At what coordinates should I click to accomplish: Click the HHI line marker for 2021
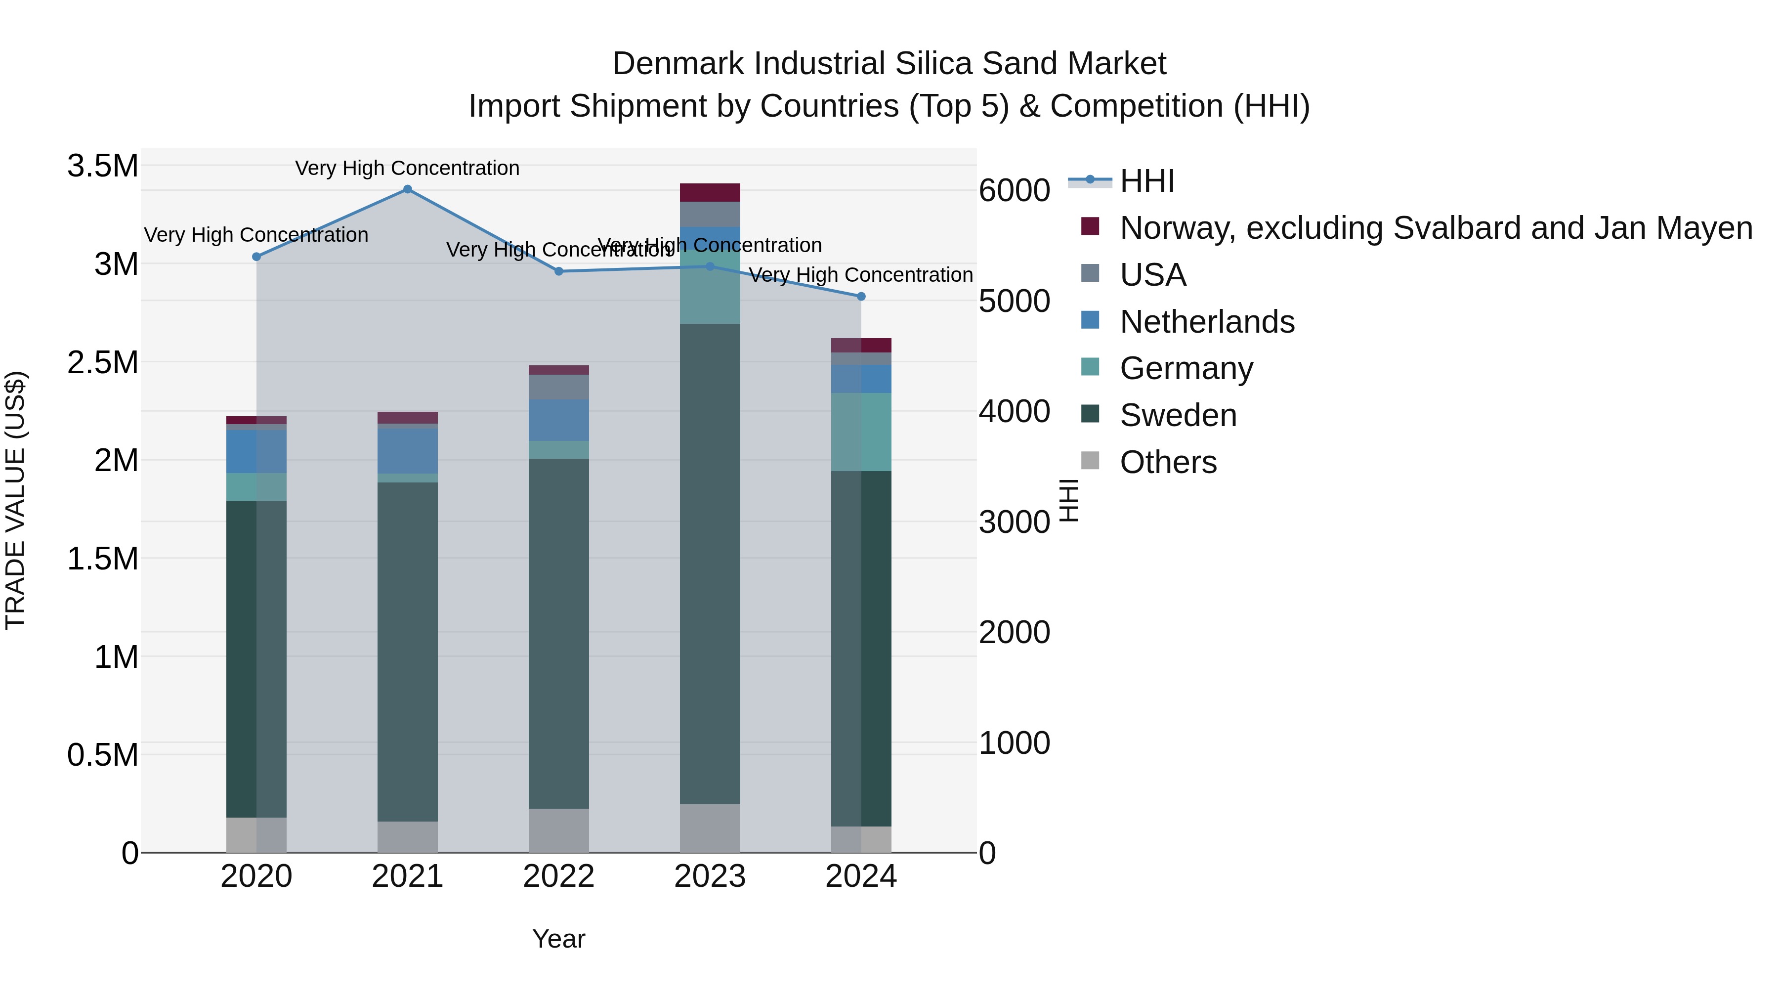[408, 189]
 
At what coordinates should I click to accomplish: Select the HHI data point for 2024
[861, 297]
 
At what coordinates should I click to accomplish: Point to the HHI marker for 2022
[559, 271]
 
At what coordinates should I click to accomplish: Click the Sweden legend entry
[1178, 416]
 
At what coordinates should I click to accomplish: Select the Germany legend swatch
[1090, 367]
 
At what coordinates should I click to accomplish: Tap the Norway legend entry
[1436, 228]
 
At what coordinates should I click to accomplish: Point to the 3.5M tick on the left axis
[103, 167]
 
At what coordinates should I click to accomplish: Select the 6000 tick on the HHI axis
[1015, 191]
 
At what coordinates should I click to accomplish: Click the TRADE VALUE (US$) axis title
[15, 500]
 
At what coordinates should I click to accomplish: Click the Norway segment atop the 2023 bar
[710, 193]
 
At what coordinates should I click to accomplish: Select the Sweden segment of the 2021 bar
[408, 652]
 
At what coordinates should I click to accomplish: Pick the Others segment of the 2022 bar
[559, 830]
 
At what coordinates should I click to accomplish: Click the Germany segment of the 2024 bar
[861, 432]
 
